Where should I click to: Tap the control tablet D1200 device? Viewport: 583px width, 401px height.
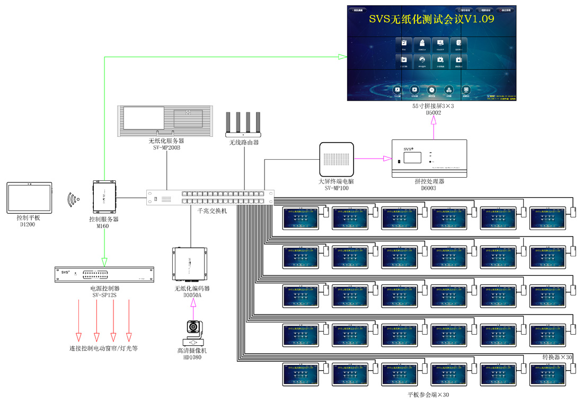[30, 197]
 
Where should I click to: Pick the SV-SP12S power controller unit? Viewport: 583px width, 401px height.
[103, 274]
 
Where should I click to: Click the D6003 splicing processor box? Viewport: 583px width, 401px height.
[429, 158]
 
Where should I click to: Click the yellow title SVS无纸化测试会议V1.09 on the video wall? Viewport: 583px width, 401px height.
[431, 20]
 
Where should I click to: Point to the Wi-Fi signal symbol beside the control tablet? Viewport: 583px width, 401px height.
[73, 199]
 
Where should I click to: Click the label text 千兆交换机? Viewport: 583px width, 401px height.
[212, 211]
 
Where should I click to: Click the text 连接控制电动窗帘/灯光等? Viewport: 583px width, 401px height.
[104, 349]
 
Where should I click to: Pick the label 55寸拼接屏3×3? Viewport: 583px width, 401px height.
[434, 106]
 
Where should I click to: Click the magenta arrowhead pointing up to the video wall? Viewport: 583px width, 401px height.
[434, 120]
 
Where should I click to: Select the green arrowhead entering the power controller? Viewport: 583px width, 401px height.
[104, 261]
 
